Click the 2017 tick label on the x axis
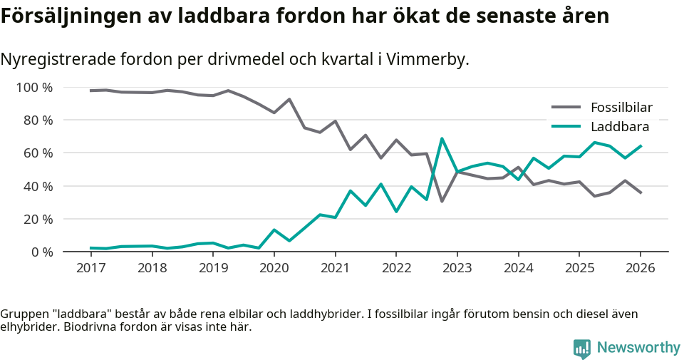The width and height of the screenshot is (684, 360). [90, 268]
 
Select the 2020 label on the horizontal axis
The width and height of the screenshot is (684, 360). [274, 268]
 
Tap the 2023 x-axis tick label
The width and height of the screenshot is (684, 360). [457, 268]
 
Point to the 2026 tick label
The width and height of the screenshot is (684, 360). [640, 268]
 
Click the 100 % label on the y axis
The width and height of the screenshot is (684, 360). [34, 88]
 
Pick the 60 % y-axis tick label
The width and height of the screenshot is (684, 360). [38, 153]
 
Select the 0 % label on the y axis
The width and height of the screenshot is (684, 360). [41, 252]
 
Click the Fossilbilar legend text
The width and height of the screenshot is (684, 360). [621, 108]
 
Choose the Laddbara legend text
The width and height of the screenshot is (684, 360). [619, 127]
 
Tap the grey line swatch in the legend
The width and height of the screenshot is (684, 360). [566, 108]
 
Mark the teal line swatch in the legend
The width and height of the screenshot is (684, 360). [566, 127]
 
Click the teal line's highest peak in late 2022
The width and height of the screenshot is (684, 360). [442, 138]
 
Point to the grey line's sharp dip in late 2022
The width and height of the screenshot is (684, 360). [442, 201]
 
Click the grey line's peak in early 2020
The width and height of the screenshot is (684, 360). [289, 99]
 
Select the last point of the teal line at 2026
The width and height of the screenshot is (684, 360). [641, 146]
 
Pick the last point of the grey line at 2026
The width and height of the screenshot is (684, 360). [641, 192]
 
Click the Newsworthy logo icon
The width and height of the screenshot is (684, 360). [581, 348]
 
